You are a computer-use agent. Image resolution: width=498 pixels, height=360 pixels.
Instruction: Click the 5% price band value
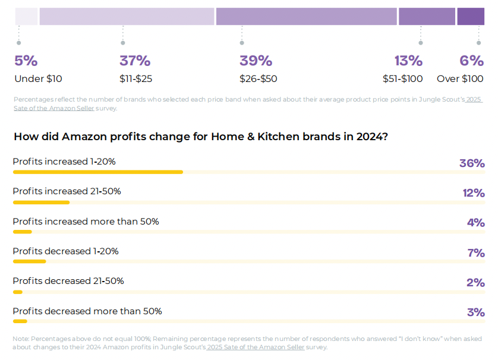[26, 61]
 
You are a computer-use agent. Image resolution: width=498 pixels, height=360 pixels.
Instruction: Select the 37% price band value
[135, 61]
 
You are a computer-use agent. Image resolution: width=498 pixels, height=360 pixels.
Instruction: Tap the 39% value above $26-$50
[256, 61]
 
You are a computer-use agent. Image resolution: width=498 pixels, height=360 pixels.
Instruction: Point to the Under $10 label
[38, 78]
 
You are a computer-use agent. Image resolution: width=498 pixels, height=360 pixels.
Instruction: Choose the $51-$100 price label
[402, 78]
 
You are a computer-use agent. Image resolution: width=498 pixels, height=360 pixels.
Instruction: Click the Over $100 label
[460, 78]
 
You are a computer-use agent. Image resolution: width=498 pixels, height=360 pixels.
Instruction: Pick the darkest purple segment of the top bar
[471, 17]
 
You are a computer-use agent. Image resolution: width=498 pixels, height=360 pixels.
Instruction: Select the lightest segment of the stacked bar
[26, 17]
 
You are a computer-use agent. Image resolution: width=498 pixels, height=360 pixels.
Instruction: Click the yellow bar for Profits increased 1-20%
[98, 172]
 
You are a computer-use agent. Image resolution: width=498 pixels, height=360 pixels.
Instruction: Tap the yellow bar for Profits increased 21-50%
[41, 203]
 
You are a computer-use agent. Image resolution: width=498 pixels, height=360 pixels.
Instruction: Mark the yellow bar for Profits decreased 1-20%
[29, 261]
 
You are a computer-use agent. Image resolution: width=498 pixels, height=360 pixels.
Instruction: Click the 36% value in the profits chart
[472, 163]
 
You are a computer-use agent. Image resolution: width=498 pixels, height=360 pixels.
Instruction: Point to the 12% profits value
[473, 193]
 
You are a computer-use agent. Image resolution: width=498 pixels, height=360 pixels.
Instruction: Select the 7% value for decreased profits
[476, 253]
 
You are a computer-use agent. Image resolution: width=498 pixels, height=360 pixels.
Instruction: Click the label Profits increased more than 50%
[86, 222]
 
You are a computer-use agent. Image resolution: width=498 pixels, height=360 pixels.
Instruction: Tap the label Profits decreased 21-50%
[68, 281]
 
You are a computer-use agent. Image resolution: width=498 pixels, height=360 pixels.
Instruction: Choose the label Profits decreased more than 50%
[87, 311]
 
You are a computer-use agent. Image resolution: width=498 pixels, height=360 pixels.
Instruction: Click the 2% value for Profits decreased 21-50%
[475, 283]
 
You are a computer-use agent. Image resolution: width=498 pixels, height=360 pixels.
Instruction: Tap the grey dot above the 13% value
[421, 43]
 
